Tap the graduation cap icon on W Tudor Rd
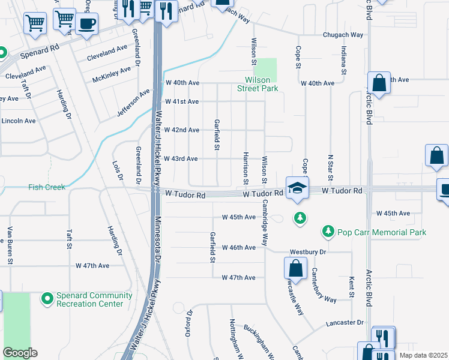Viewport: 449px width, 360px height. pos(297,188)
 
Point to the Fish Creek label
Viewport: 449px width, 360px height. pos(46,187)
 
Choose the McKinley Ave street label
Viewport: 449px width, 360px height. pos(112,74)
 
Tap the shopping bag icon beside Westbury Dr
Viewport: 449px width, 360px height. pos(295,268)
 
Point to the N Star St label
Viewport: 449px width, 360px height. pos(330,168)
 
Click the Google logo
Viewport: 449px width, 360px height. pos(20,353)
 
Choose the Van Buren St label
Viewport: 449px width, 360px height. pos(10,245)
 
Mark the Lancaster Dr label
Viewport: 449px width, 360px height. pos(345,323)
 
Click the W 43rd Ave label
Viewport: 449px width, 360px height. pos(181,158)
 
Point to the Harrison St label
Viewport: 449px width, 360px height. pos(246,169)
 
